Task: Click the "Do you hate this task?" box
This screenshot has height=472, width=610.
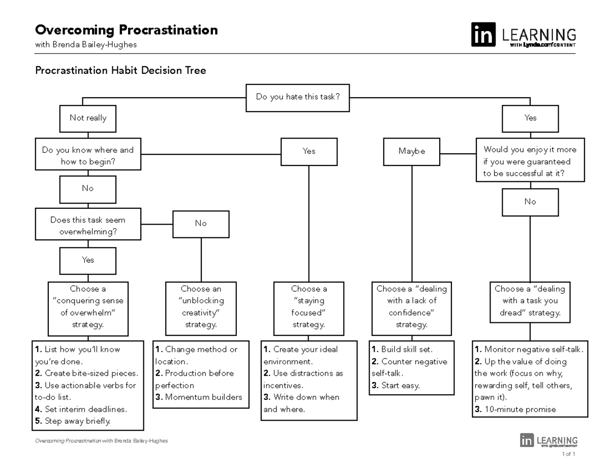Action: [x=298, y=97]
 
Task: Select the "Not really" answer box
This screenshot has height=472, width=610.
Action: [x=88, y=118]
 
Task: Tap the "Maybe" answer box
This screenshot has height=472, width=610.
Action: [x=412, y=151]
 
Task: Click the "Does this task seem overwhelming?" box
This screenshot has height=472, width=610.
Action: [x=88, y=226]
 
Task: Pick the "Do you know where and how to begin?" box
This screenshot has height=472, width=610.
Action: [x=88, y=156]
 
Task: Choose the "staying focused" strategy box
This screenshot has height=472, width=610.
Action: [x=309, y=307]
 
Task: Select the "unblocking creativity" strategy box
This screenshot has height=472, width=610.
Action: [x=201, y=307]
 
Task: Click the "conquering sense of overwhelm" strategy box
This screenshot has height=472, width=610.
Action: [x=88, y=307]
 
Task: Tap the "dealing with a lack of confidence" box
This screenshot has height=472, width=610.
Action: [x=411, y=307]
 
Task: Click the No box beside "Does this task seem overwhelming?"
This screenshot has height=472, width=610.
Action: [x=201, y=224]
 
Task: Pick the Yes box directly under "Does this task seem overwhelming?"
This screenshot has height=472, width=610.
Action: [x=88, y=260]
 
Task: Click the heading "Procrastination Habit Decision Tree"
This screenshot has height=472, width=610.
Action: [x=120, y=71]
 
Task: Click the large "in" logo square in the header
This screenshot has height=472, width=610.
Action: [x=483, y=35]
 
